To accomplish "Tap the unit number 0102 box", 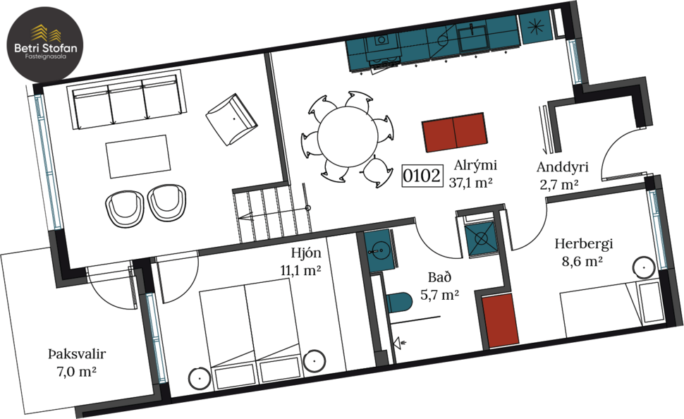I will coord(422,176).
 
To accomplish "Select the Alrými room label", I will coord(476,166).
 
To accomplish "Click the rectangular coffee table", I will coord(138,157).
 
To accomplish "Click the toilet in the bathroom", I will coord(399,303).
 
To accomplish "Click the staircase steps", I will coord(271,214).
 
